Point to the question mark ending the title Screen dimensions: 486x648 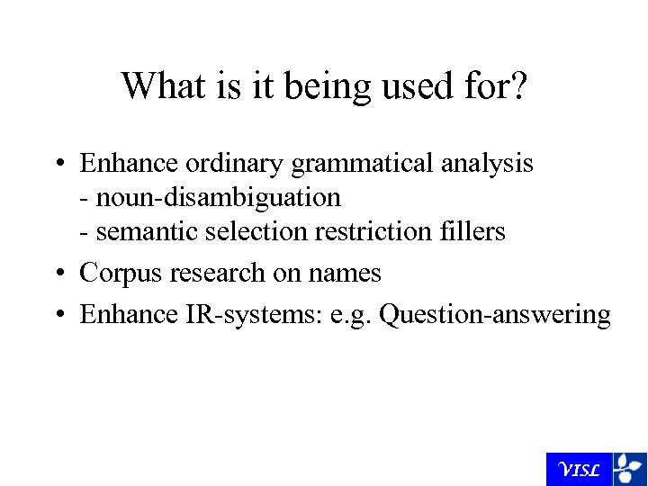519,86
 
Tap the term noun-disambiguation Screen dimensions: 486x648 218,196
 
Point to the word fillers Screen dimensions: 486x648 472,231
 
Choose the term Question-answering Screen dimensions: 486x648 495,315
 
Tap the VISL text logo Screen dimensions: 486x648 579,470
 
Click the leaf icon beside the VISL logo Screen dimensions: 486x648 629,469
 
